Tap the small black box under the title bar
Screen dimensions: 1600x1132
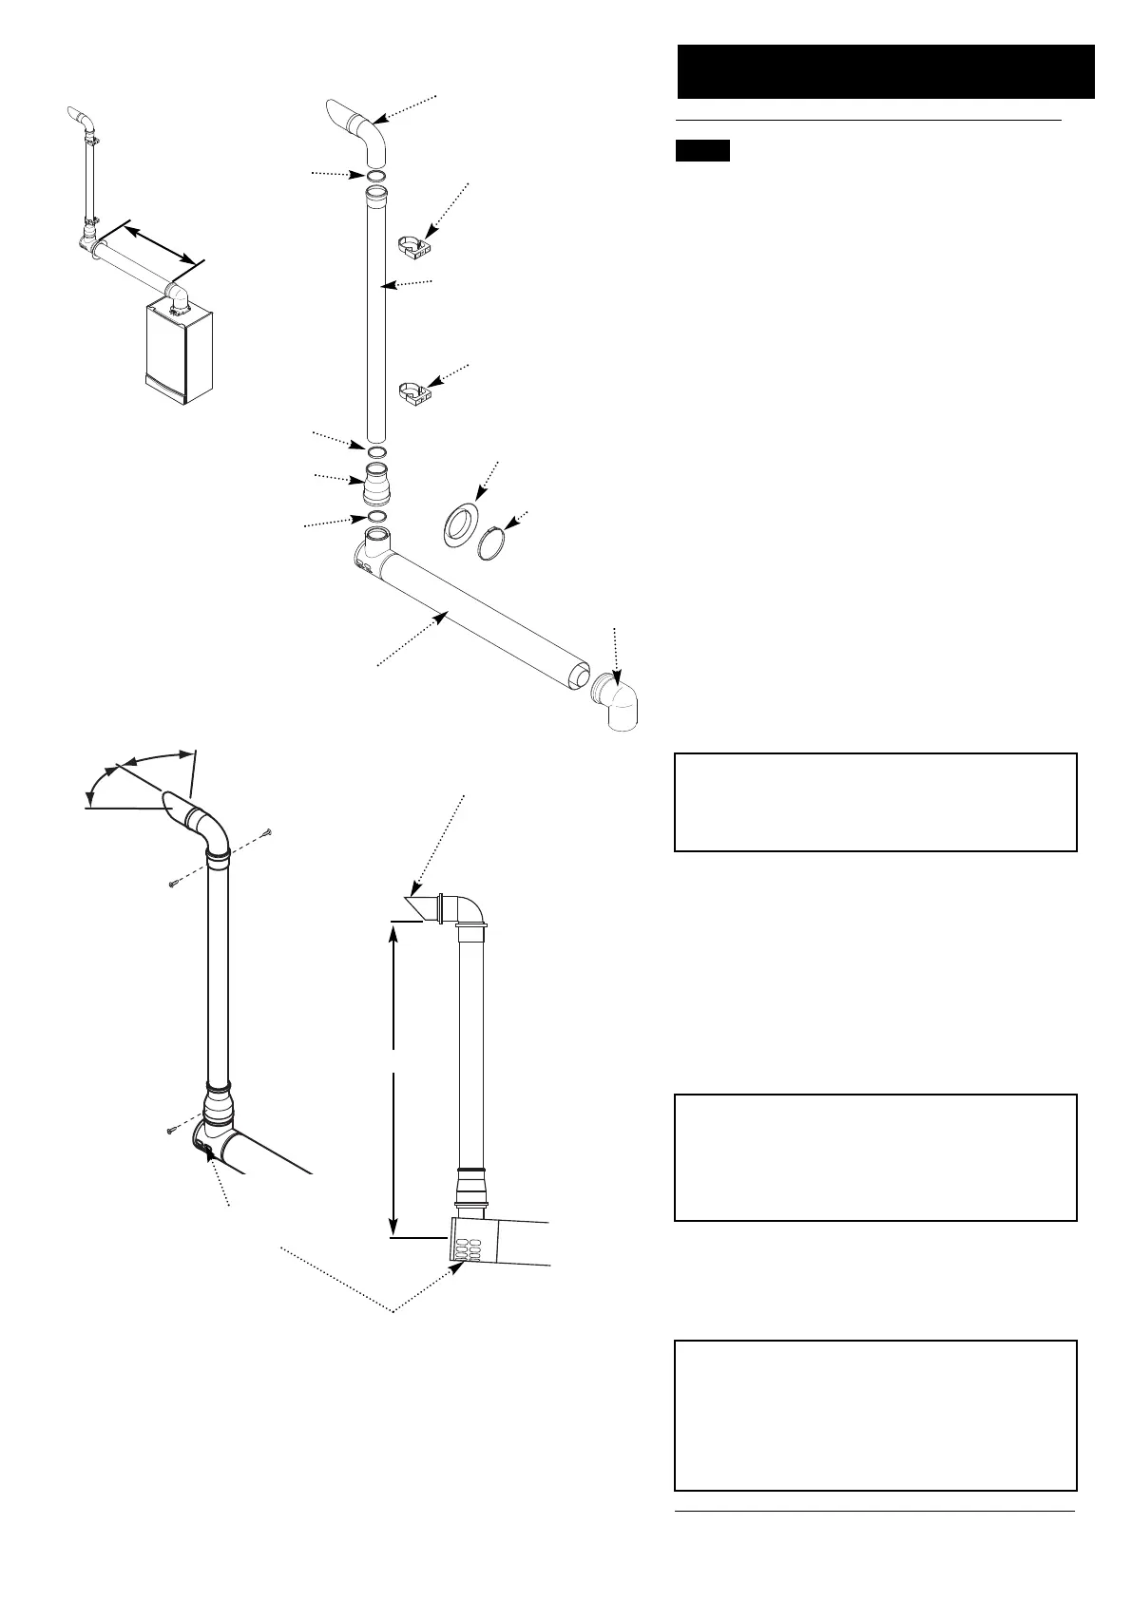click(702, 151)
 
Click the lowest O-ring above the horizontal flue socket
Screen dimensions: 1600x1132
click(376, 517)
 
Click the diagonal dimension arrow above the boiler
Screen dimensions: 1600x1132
click(162, 242)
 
